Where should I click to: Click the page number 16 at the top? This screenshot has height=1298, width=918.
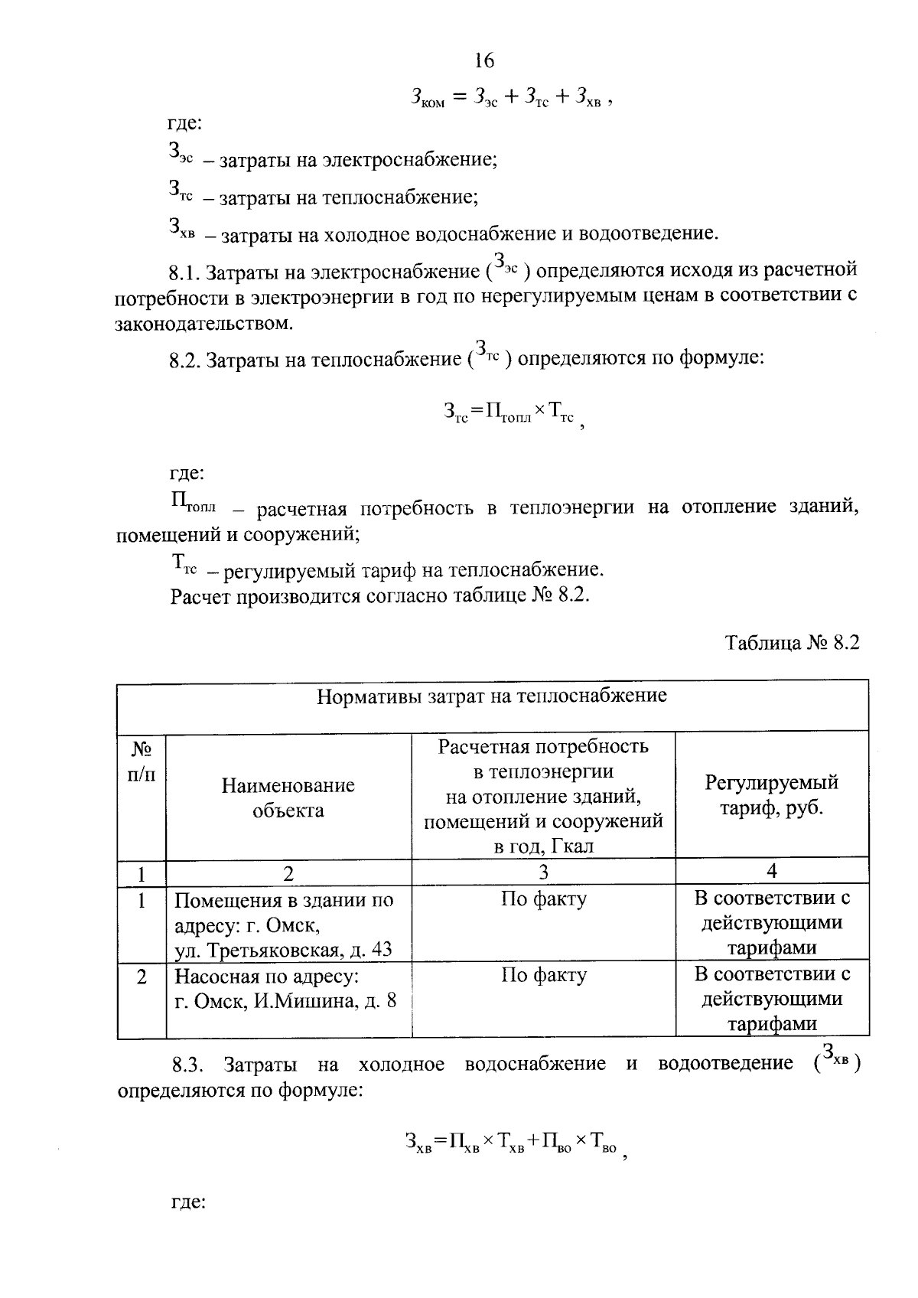tap(484, 60)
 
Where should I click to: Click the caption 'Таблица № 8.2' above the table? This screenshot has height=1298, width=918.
tap(793, 643)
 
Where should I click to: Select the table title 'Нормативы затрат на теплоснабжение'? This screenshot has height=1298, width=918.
tap(492, 696)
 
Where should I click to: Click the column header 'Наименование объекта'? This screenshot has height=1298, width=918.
tap(288, 797)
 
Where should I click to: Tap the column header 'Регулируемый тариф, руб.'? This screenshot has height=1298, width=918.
tap(771, 795)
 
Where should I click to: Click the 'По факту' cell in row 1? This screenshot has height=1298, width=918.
tap(543, 899)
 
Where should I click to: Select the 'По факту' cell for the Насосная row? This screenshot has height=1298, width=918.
tap(543, 976)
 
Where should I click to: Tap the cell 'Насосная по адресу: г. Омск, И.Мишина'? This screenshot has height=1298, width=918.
tap(285, 988)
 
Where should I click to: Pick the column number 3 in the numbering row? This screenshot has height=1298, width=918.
tap(543, 872)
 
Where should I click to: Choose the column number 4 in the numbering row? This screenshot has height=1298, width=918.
tap(771, 871)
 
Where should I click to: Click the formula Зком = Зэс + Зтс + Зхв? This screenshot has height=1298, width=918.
tap(510, 98)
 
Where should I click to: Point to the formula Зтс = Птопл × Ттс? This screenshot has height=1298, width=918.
tap(511, 413)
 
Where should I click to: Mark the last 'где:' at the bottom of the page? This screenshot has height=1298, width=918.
tap(187, 1203)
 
